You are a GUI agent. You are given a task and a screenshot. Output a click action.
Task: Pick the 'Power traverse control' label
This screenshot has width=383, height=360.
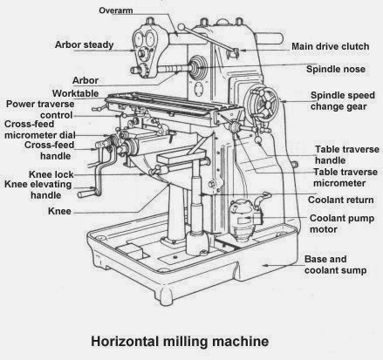coord(41,108)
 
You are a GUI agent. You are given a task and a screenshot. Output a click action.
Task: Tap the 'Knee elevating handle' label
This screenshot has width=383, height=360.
coord(39,190)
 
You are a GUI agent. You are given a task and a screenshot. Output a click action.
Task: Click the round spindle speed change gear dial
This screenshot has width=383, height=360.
coord(262,104)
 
